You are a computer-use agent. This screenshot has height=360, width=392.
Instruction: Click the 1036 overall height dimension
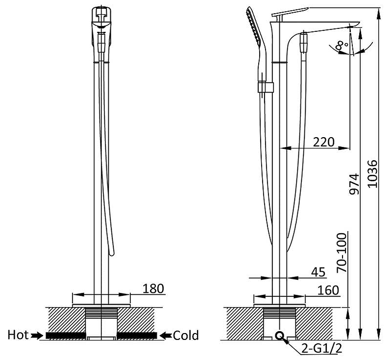click(x=372, y=173)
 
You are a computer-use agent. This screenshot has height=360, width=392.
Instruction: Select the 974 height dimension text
click(x=354, y=184)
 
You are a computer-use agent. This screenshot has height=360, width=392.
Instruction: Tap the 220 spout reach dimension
click(x=323, y=142)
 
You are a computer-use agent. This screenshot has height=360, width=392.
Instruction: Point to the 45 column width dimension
click(x=318, y=272)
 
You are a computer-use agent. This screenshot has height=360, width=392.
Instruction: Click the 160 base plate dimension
click(x=328, y=290)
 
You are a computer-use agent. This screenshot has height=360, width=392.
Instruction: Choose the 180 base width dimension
click(x=153, y=288)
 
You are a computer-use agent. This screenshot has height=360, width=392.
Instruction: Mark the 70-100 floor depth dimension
click(x=342, y=253)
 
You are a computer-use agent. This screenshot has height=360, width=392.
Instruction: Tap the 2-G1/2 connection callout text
click(x=321, y=348)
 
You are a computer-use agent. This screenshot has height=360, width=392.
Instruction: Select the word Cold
click(x=186, y=336)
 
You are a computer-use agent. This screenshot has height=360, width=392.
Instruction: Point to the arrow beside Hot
click(x=36, y=336)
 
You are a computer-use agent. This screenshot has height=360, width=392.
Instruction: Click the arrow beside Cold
click(x=166, y=336)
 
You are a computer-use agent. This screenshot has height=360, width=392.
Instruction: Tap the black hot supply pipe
click(x=66, y=336)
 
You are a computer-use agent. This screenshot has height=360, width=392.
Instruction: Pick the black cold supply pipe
click(x=137, y=336)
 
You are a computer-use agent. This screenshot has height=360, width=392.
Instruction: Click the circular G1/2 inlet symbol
click(x=279, y=336)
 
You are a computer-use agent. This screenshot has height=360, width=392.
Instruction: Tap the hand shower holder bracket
click(x=266, y=87)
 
